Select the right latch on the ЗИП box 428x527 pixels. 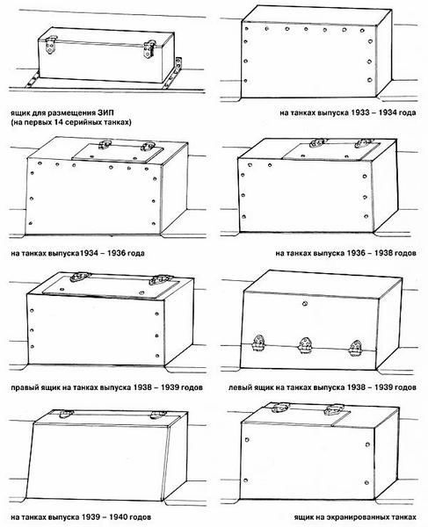149,49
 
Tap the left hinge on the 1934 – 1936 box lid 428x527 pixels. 105,145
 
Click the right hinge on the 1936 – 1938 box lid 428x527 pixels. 365,142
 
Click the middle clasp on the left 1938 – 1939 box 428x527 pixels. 305,345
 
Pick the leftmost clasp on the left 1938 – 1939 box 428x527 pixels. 258,343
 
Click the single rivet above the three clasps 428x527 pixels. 305,304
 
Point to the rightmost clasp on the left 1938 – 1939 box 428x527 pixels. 355,348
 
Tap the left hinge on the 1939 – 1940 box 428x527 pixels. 66,414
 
